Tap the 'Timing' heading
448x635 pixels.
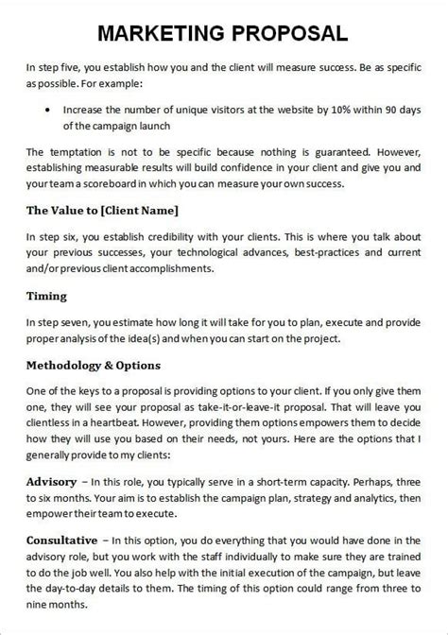tap(45, 295)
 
